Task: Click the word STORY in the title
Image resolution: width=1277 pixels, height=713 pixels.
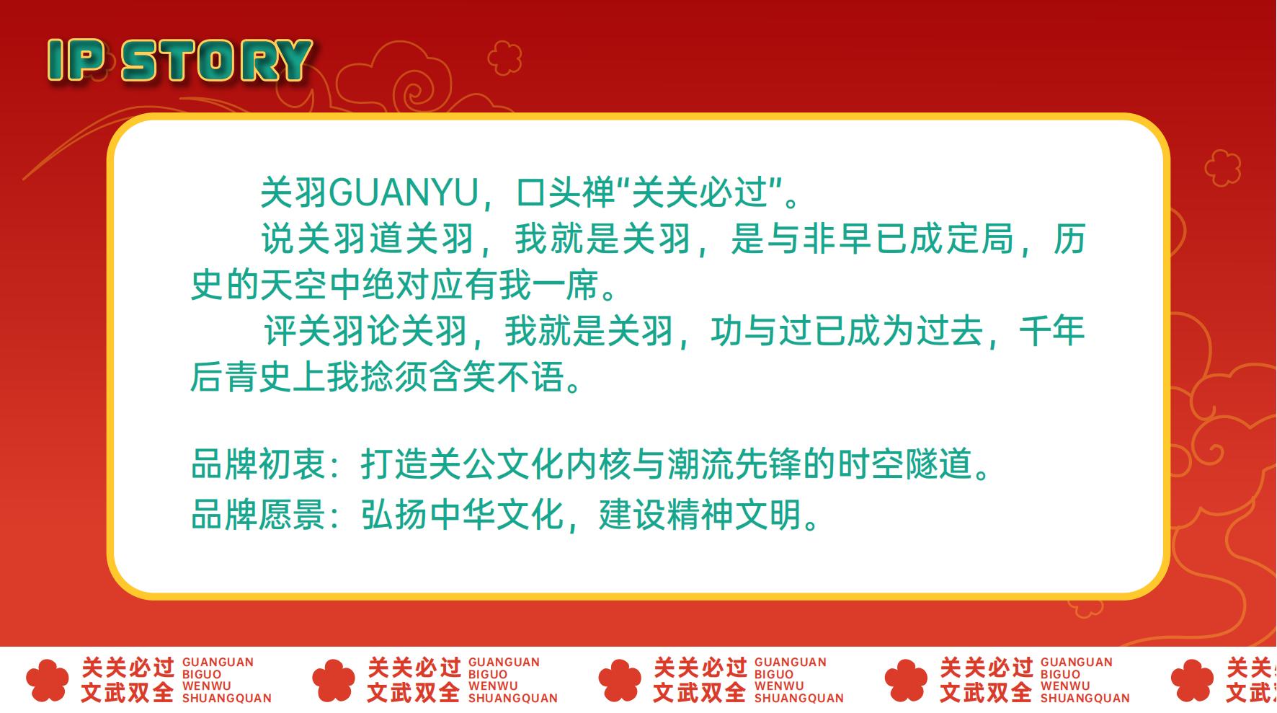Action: (x=217, y=61)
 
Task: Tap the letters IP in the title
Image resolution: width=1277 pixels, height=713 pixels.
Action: (x=77, y=61)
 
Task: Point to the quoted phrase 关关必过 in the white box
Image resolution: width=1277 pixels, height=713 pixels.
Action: (x=700, y=193)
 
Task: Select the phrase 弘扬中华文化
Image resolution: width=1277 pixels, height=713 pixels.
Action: (x=462, y=515)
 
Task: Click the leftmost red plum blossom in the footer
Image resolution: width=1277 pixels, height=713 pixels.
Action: (x=47, y=681)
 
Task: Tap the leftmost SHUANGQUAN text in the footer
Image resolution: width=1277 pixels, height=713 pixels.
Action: (x=227, y=698)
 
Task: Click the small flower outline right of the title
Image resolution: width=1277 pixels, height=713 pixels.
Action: (x=504, y=58)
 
